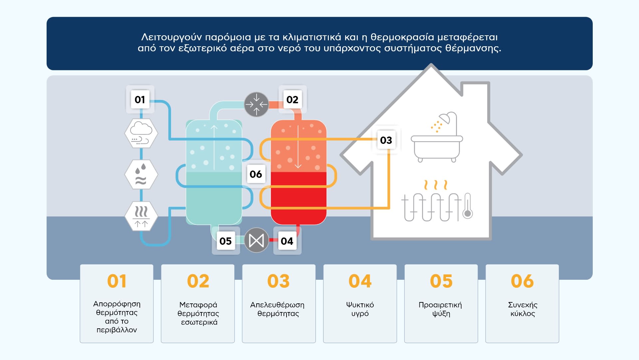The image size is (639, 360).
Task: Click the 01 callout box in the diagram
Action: click(x=140, y=100)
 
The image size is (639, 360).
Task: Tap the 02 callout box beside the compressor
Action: click(x=292, y=100)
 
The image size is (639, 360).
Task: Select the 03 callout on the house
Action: click(x=386, y=140)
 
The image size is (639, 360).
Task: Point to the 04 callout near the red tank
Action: click(x=287, y=241)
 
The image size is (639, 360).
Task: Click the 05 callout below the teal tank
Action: click(x=226, y=241)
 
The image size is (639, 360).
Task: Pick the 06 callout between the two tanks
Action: click(x=256, y=174)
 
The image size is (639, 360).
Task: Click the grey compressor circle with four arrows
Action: click(x=257, y=104)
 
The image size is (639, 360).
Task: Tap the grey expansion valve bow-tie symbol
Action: click(x=257, y=240)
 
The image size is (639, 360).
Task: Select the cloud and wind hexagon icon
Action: click(x=141, y=133)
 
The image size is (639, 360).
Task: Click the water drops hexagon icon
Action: click(x=141, y=174)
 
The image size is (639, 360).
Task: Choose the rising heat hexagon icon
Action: click(x=141, y=216)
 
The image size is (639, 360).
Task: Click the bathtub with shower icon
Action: click(x=437, y=138)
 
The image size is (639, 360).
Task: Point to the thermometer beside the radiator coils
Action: click(x=468, y=206)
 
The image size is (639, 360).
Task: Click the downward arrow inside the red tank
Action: click(x=298, y=147)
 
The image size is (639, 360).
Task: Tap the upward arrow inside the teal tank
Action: click(x=214, y=147)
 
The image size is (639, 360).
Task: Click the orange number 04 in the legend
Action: click(x=360, y=281)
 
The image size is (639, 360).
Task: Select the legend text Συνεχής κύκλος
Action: click(x=523, y=309)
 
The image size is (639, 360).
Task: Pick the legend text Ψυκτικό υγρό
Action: click(x=360, y=309)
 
